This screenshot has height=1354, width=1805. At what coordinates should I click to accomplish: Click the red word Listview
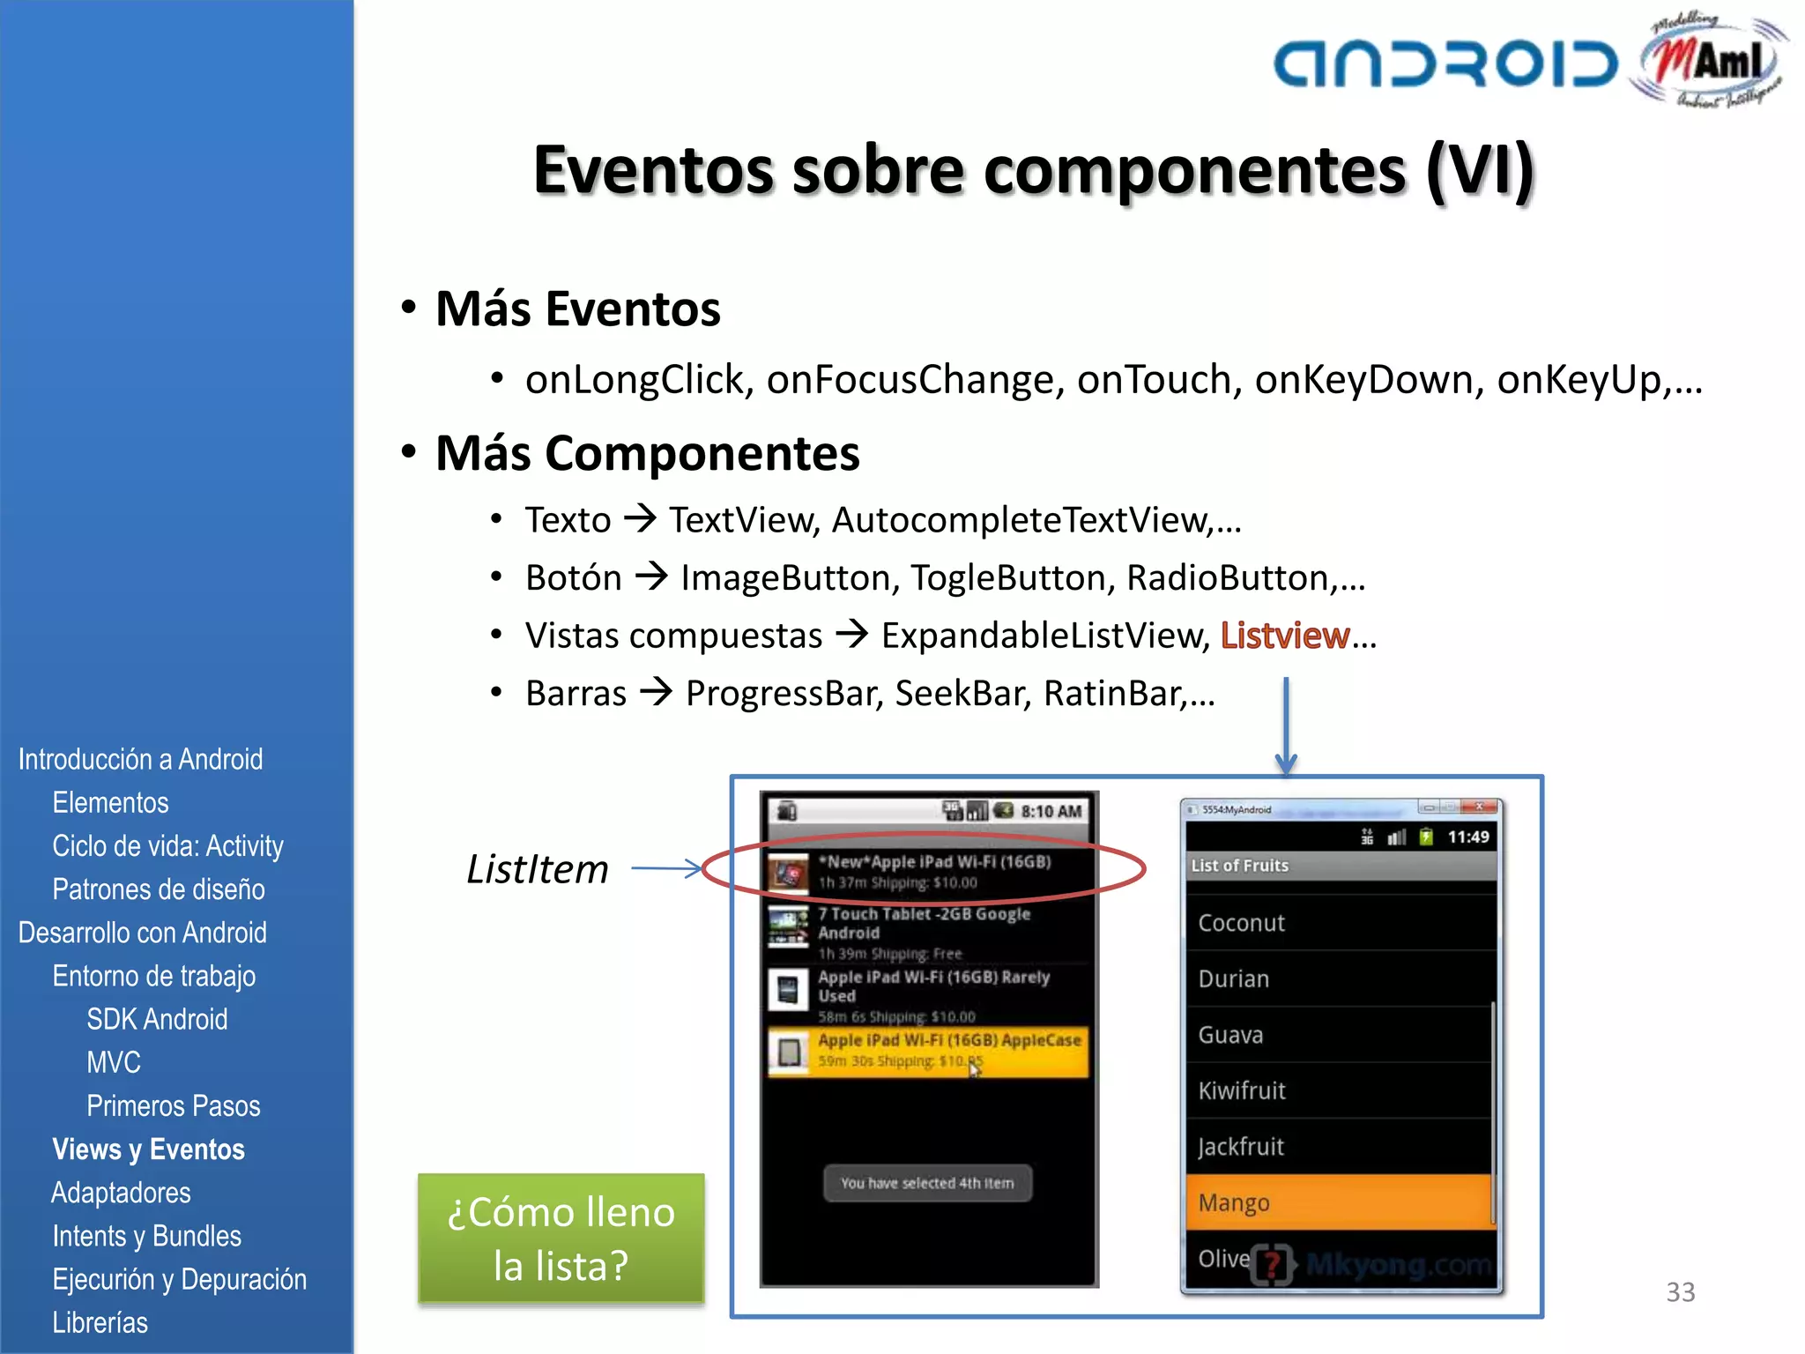pos(1284,636)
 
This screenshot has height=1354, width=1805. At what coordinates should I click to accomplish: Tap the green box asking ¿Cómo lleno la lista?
pos(561,1239)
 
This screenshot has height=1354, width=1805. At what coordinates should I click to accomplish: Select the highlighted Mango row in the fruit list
pos(1338,1202)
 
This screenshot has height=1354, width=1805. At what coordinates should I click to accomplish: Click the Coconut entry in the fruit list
pos(1338,923)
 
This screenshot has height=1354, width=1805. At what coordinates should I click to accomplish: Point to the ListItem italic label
pos(537,869)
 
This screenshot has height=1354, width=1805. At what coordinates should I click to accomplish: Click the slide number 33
pos(1680,1292)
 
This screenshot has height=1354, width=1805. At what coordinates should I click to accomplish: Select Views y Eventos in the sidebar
pos(148,1149)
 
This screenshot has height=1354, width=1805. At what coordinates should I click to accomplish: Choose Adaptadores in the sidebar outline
pos(121,1193)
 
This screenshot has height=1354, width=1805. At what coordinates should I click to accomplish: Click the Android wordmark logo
pos(1445,64)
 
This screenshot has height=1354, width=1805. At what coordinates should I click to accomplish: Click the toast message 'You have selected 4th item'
pos(927,1183)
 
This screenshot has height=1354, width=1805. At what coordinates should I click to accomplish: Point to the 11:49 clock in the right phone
pos(1467,837)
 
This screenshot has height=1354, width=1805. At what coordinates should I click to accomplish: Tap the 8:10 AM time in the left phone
pos(1051,811)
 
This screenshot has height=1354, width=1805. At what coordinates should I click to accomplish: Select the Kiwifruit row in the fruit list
pos(1338,1090)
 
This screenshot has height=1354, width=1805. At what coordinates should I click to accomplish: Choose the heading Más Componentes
pos(647,453)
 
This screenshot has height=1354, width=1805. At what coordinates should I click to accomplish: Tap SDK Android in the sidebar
pos(157,1019)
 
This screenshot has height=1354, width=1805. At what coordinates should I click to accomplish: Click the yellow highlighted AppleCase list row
pos(929,1051)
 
